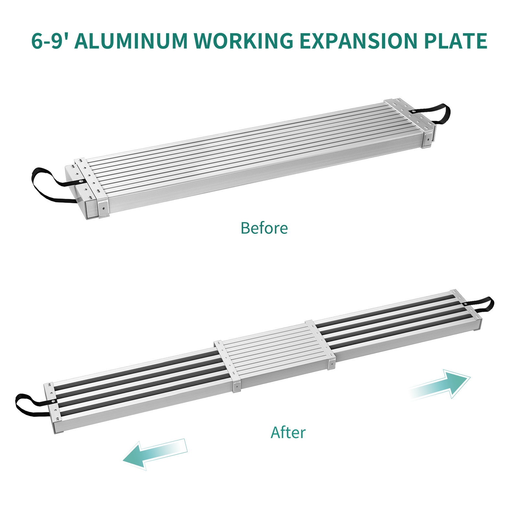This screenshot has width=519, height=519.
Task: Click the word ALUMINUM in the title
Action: tap(131, 41)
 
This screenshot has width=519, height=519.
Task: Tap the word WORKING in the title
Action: tap(244, 41)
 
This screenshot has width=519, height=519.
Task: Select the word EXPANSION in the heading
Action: tap(358, 41)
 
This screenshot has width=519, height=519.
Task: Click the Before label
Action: tap(264, 228)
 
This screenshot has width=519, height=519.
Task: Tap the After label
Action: tap(288, 432)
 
